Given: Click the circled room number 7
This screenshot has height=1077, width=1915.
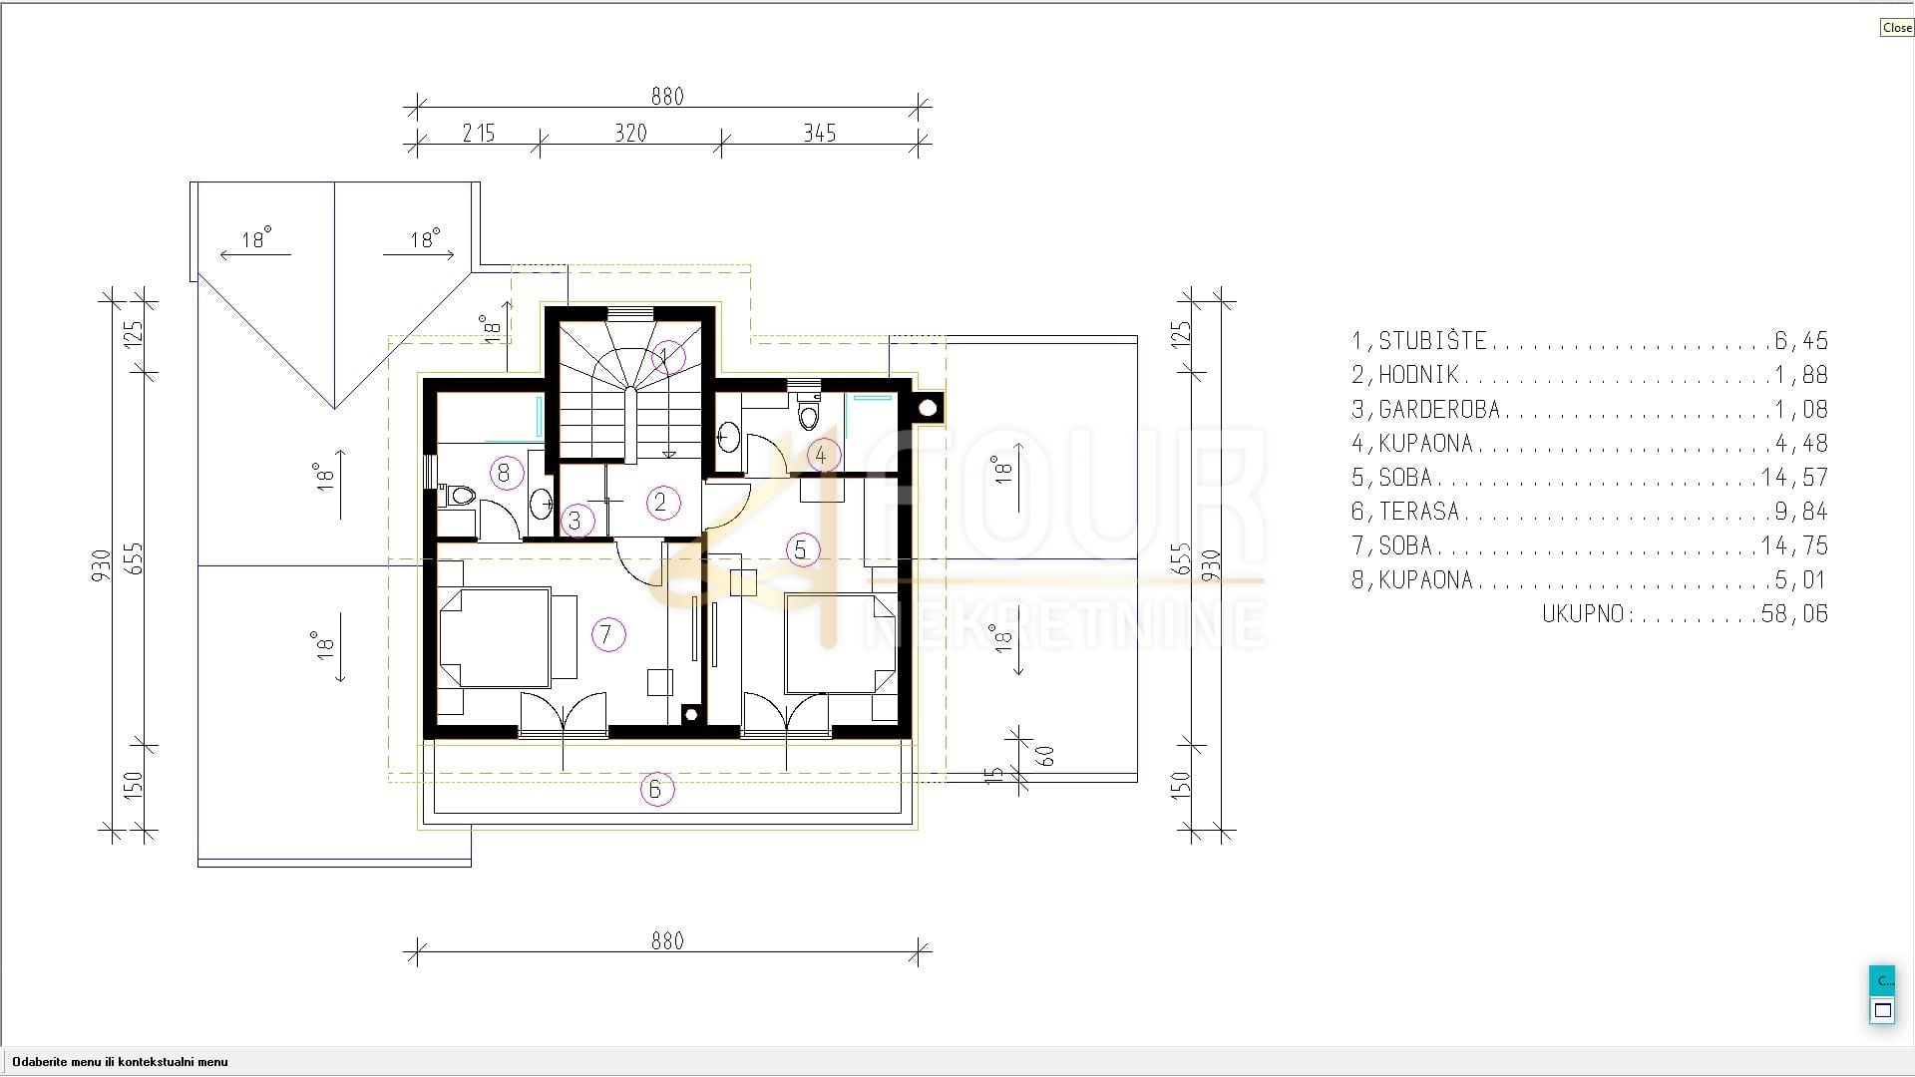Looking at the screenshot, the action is click(606, 633).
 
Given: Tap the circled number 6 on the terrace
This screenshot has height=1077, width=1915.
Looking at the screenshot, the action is click(656, 789).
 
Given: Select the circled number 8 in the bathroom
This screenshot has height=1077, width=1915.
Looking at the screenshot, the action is click(504, 473).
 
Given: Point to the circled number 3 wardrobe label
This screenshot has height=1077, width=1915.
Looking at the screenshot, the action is click(575, 521).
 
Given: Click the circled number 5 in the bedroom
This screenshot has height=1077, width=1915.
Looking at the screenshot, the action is click(800, 548).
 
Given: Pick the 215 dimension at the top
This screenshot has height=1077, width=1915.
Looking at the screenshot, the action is click(479, 133).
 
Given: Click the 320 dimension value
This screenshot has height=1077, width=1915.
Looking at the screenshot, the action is click(630, 133).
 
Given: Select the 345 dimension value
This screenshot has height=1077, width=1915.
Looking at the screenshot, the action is click(819, 133).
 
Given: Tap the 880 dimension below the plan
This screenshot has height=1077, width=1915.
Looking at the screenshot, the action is click(667, 940).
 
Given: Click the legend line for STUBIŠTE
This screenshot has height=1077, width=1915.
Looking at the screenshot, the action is click(1590, 341).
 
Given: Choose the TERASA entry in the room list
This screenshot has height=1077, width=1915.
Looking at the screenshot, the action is click(1590, 512).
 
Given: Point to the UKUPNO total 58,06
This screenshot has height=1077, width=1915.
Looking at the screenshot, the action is click(1686, 614).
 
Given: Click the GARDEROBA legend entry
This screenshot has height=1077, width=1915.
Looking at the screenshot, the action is click(1590, 409).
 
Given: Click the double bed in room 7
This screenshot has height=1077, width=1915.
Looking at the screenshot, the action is click(496, 637).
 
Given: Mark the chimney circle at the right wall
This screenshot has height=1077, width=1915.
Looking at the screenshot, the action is click(929, 407).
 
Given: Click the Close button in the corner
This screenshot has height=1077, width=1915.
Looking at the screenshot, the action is click(1896, 28).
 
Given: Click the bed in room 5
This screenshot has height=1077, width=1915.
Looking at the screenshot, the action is click(840, 643).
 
